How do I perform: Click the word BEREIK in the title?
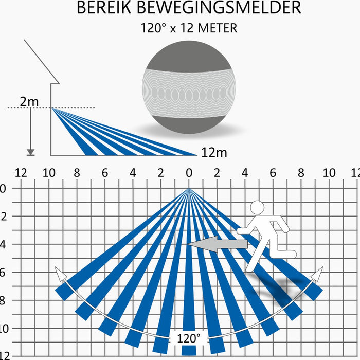104,8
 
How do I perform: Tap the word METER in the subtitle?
218,28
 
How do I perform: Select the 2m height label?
29,101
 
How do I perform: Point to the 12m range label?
214,152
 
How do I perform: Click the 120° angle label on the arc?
189,338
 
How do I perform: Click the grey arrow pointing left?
218,244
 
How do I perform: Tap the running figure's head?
257,208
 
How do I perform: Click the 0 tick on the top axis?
189,173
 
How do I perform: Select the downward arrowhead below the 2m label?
30,152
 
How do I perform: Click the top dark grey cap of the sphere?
189,56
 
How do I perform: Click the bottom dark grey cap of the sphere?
189,124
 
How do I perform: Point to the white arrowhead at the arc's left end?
60,274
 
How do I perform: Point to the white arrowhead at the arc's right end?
317,274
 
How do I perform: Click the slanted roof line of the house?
42,62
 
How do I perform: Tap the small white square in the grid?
112,209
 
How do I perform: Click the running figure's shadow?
278,289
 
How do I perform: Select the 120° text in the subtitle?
153,28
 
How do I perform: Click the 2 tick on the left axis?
4,217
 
